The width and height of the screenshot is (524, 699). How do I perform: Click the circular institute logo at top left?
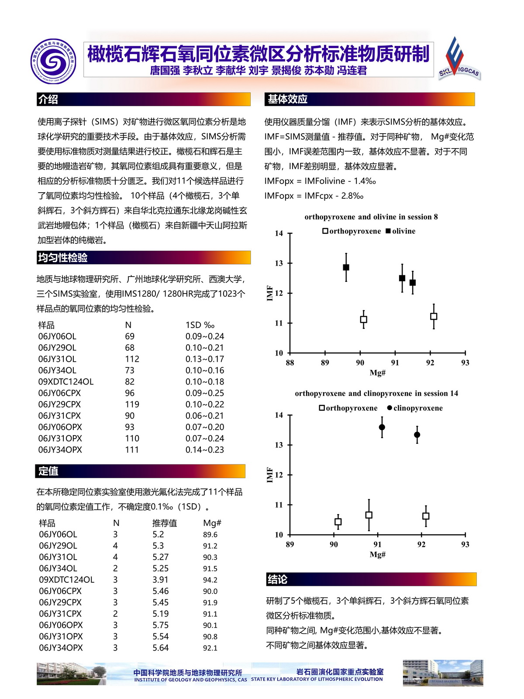53,61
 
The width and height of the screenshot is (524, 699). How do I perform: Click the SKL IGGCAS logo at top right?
458,59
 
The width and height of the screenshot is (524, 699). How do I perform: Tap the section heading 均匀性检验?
63,258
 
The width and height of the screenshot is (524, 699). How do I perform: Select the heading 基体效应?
288,99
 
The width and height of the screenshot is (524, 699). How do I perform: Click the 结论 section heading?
277,579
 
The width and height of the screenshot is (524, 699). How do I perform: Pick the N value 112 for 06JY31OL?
132,359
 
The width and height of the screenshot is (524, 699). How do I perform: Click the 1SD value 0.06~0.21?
204,416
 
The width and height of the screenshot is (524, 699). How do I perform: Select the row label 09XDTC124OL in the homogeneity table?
65,382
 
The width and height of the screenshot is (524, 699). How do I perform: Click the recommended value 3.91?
160,580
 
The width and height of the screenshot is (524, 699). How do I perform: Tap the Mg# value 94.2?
210,580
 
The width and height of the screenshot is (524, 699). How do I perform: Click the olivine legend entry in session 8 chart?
400,231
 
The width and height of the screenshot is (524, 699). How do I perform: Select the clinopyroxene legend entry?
415,408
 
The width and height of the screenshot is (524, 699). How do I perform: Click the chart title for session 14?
376,393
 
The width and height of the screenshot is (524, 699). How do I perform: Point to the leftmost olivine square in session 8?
346,267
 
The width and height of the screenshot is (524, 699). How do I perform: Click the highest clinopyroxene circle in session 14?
382,427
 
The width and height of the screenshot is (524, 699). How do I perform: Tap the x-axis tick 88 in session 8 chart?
290,363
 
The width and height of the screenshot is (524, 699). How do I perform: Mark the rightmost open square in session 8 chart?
434,316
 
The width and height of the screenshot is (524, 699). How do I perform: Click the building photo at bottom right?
443,673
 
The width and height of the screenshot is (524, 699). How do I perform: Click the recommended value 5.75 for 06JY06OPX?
160,625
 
